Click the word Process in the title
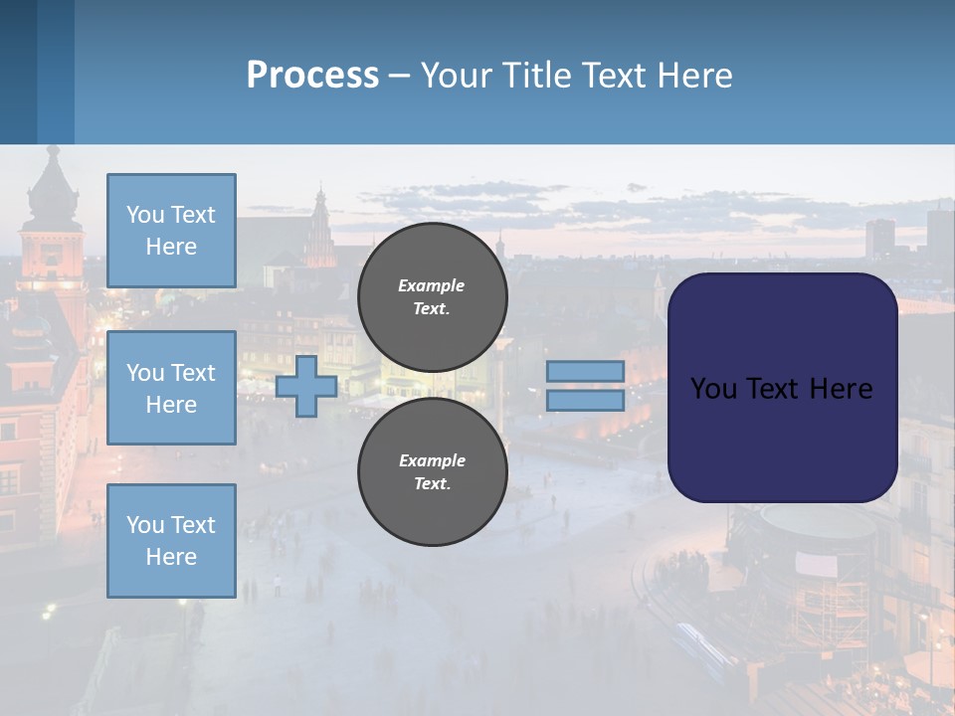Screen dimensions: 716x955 pyautogui.click(x=312, y=76)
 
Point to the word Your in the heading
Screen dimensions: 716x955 pyautogui.click(x=456, y=76)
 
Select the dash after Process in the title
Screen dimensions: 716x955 pyautogui.click(x=399, y=77)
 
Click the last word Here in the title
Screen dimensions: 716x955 pyautogui.click(x=697, y=76)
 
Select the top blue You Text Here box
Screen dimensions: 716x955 pyautogui.click(x=171, y=231)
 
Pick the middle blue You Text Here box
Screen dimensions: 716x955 pyautogui.click(x=171, y=388)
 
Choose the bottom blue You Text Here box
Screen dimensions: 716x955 pyautogui.click(x=171, y=541)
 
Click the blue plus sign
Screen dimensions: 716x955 pyautogui.click(x=306, y=386)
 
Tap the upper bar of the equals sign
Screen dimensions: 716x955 pyautogui.click(x=585, y=371)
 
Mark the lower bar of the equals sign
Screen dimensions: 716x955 pyautogui.click(x=585, y=401)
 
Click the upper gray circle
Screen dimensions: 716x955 pyautogui.click(x=432, y=297)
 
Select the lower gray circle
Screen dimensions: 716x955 pyautogui.click(x=432, y=472)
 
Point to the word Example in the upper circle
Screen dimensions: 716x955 pyautogui.click(x=431, y=285)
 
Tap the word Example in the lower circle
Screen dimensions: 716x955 pyautogui.click(x=431, y=460)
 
